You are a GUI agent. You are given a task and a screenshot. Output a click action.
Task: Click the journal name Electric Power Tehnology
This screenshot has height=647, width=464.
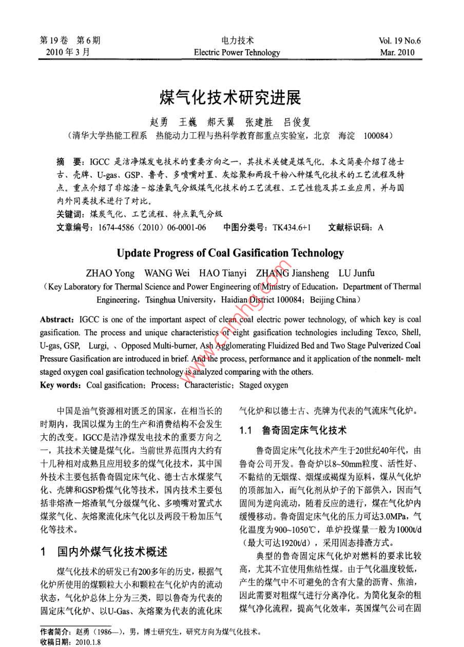pos(237,52)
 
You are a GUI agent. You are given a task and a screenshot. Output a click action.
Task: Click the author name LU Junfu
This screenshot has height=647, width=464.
pos(357,272)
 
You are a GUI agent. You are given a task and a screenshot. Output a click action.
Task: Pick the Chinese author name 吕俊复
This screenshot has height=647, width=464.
pos(297,123)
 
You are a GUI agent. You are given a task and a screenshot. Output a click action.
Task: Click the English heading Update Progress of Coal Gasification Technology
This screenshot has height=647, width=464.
pos(230,253)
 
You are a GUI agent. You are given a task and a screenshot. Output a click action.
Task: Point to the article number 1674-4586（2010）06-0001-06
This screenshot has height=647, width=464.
pos(149,227)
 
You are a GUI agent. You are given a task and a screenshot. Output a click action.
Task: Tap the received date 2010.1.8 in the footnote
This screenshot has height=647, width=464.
pos(88,641)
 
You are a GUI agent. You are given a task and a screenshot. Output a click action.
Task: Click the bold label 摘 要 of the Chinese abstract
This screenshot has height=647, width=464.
pos(70,160)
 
